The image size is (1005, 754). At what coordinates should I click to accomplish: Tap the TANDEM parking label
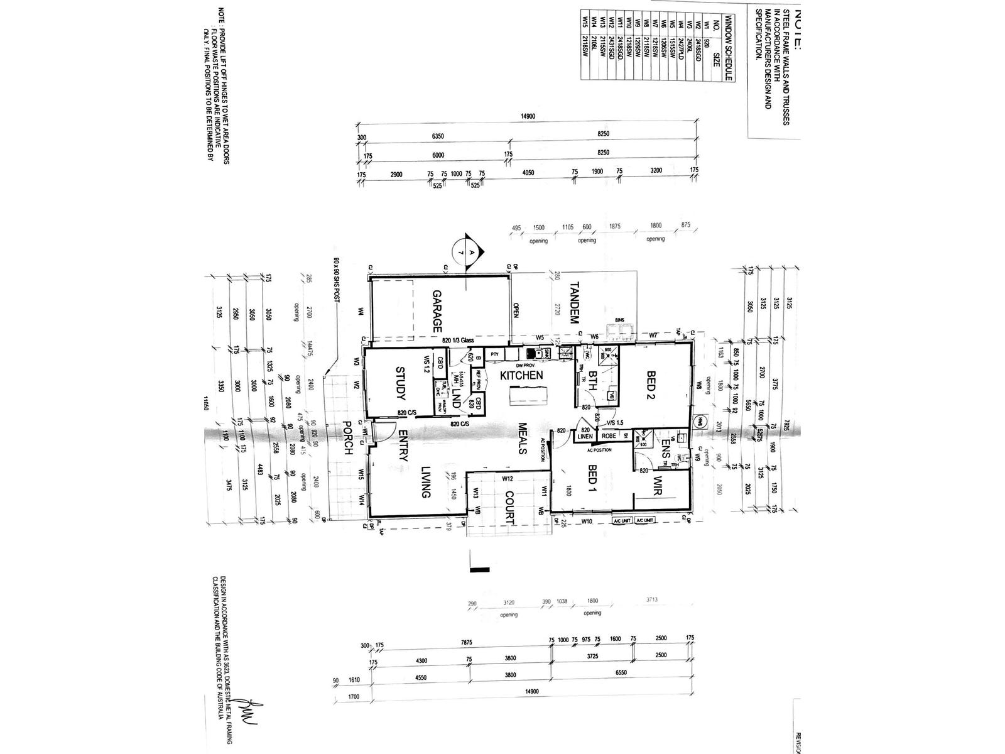[x=573, y=303]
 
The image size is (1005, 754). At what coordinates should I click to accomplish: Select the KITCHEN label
[x=521, y=375]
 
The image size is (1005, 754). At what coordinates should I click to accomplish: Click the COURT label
[x=509, y=507]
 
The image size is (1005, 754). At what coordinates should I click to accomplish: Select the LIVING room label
[x=425, y=481]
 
